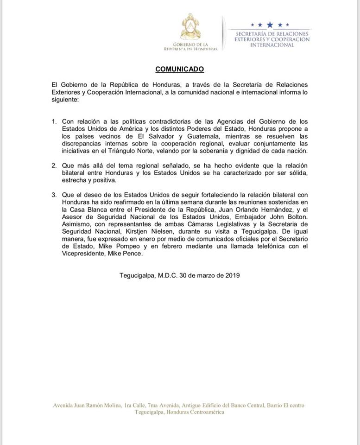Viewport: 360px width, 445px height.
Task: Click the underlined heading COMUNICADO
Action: (x=180, y=69)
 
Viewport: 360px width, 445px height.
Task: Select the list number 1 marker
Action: (x=54, y=121)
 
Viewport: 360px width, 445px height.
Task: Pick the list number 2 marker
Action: (x=54, y=165)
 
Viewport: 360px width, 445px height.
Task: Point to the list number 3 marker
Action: (x=54, y=194)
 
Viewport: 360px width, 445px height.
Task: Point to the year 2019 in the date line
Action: (x=232, y=275)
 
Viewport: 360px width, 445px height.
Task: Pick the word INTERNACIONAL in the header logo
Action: (x=272, y=45)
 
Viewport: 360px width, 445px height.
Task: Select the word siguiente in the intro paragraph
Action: (x=65, y=99)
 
